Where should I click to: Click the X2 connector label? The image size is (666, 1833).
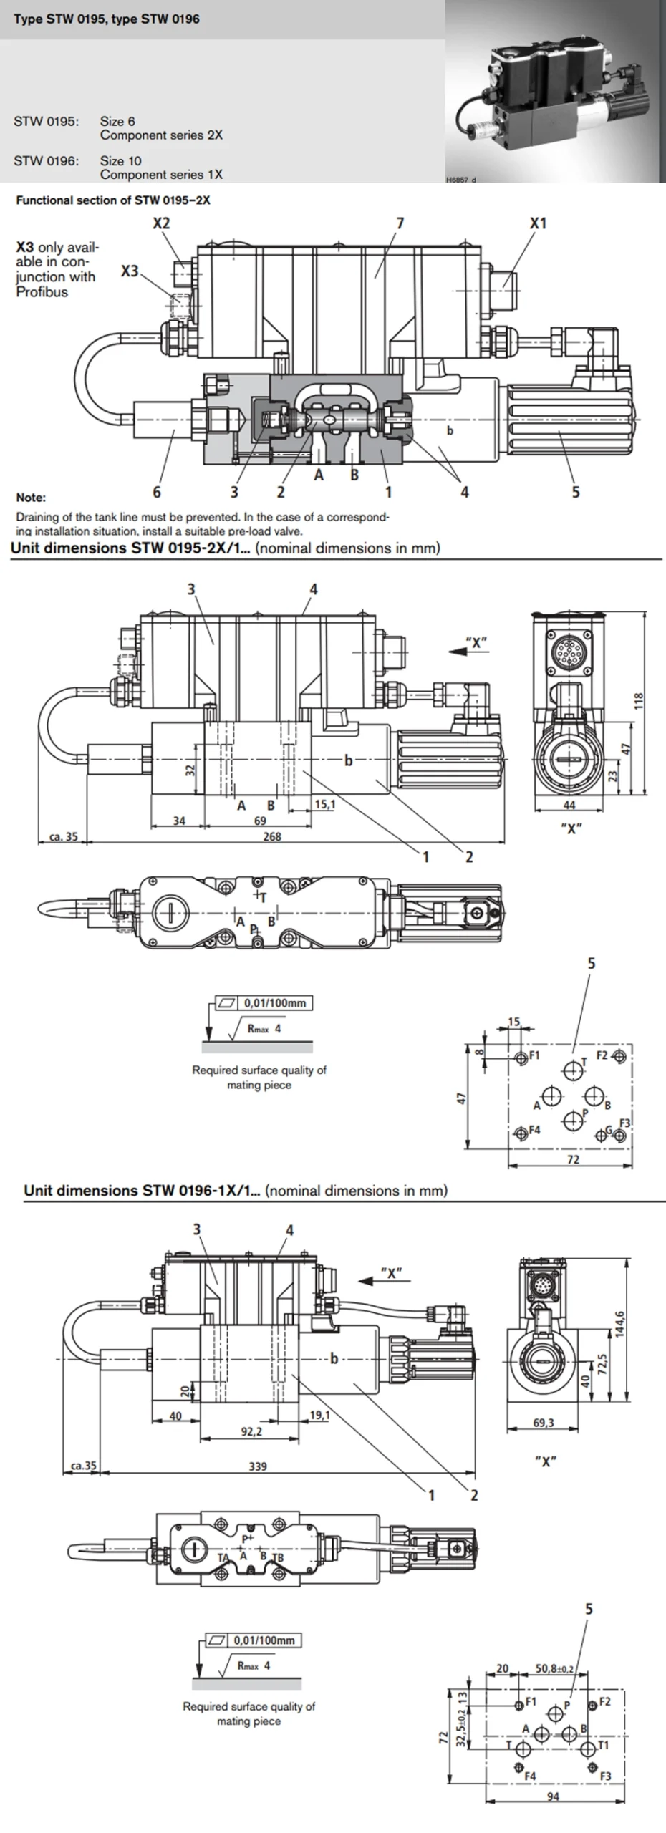pyautogui.click(x=161, y=223)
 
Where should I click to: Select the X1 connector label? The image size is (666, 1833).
pyautogui.click(x=538, y=223)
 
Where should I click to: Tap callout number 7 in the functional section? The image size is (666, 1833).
pyautogui.click(x=400, y=223)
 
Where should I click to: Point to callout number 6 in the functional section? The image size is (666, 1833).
pyautogui.click(x=157, y=492)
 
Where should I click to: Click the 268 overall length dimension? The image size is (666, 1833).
pyautogui.click(x=272, y=836)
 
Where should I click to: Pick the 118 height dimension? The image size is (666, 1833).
pyautogui.click(x=639, y=700)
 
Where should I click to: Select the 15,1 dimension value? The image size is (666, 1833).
pyautogui.click(x=324, y=804)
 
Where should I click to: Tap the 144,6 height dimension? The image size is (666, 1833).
pyautogui.click(x=620, y=1323)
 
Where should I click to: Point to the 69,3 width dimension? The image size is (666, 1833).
pyautogui.click(x=544, y=1423)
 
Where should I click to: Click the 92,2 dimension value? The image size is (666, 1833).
pyautogui.click(x=251, y=1431)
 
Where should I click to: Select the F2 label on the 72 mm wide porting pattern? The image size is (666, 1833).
pyautogui.click(x=602, y=1055)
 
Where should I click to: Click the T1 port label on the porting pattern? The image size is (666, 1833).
pyautogui.click(x=603, y=1745)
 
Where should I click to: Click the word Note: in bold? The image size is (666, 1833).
pyautogui.click(x=31, y=498)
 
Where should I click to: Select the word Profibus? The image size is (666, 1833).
pyautogui.click(x=42, y=292)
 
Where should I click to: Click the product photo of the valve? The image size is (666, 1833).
pyautogui.click(x=555, y=92)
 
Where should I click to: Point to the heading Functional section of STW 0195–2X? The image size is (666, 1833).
pyautogui.click(x=113, y=200)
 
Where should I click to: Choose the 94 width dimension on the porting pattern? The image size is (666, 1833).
pyautogui.click(x=554, y=1795)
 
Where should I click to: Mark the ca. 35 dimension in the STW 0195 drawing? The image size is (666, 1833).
pyautogui.click(x=63, y=836)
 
